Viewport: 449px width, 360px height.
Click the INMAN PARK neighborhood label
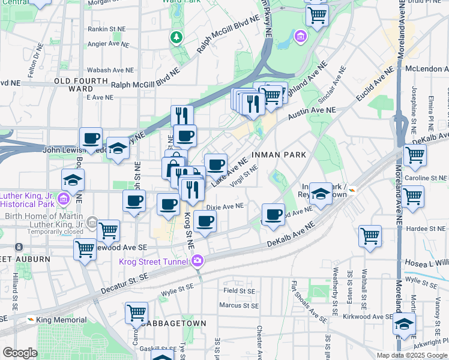point(279,155)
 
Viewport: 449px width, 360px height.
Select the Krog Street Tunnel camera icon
point(197,260)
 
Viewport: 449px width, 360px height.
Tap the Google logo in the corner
point(19,353)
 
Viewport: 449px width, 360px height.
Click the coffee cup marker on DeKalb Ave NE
point(274,215)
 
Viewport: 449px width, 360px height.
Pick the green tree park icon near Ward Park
point(176,38)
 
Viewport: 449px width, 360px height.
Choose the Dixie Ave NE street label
point(225,206)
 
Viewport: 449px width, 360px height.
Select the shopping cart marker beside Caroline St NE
point(415,154)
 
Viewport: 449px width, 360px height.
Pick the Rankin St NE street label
point(106,28)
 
